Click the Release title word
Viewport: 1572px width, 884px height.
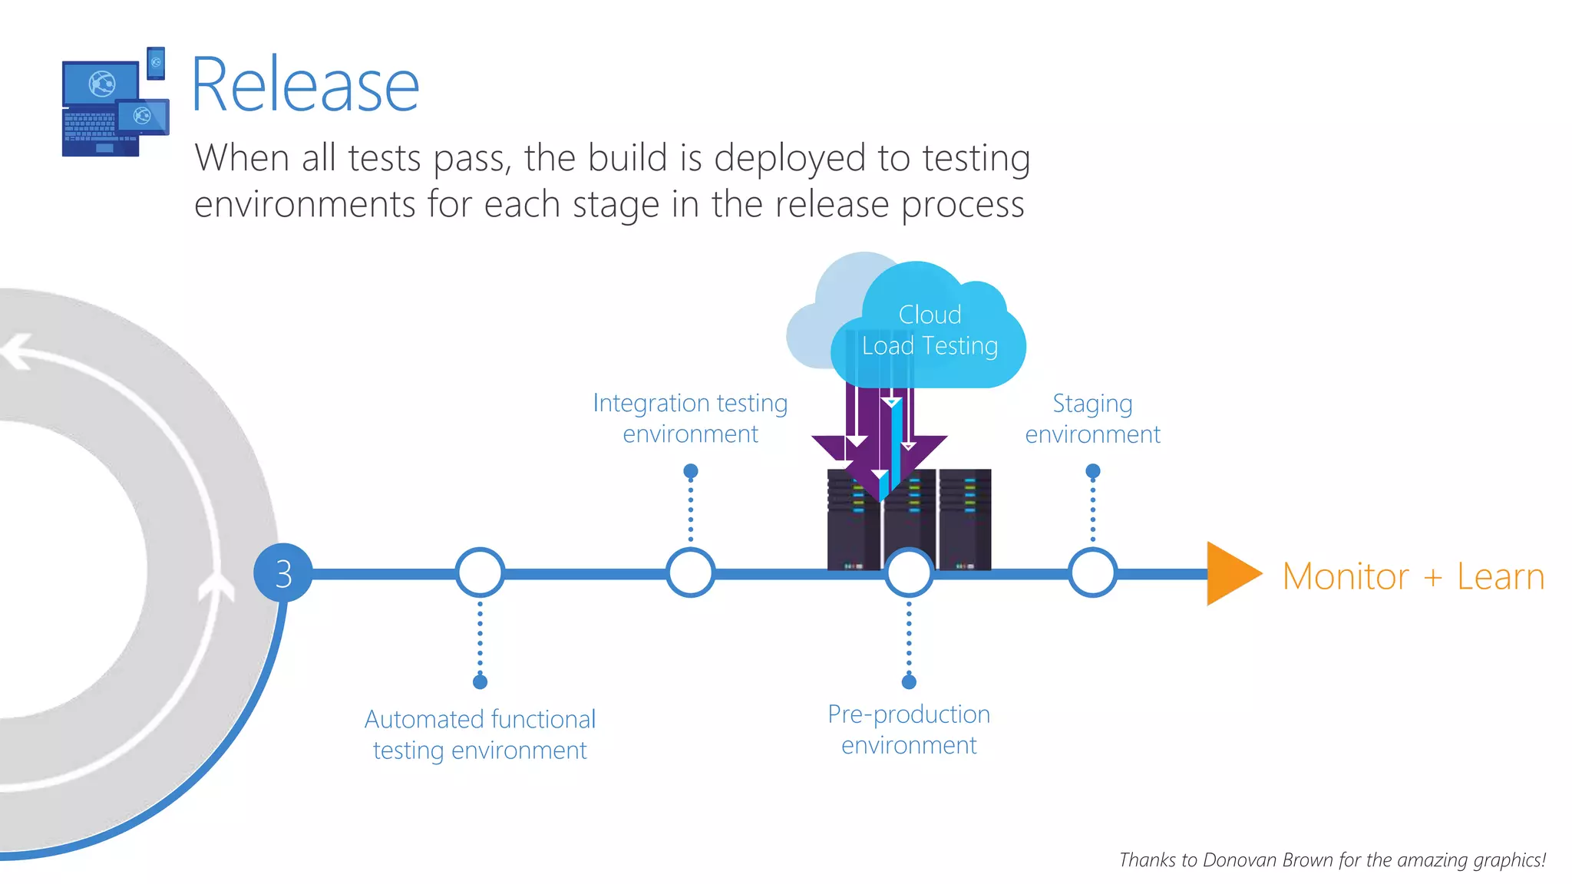click(305, 85)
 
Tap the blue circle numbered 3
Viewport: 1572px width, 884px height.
click(283, 573)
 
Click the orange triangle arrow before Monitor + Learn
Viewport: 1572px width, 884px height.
click(1230, 573)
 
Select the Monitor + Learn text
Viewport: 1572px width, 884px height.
click(1413, 576)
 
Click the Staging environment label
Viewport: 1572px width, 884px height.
click(1092, 419)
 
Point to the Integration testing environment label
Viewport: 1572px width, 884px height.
click(690, 418)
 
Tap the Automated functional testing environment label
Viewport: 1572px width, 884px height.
click(480, 734)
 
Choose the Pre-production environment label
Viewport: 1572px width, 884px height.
click(909, 729)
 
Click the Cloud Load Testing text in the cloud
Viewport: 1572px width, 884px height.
click(930, 331)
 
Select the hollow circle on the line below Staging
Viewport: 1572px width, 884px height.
click(1092, 573)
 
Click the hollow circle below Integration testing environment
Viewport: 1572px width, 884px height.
click(690, 573)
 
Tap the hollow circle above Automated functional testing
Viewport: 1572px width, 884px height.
click(480, 573)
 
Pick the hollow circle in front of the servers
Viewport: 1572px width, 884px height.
click(909, 573)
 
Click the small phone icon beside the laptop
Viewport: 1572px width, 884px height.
click(156, 63)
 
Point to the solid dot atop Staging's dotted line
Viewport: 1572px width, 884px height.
click(1093, 470)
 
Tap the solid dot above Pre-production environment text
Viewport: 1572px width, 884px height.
click(909, 681)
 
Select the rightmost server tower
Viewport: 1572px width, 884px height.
click(965, 519)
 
